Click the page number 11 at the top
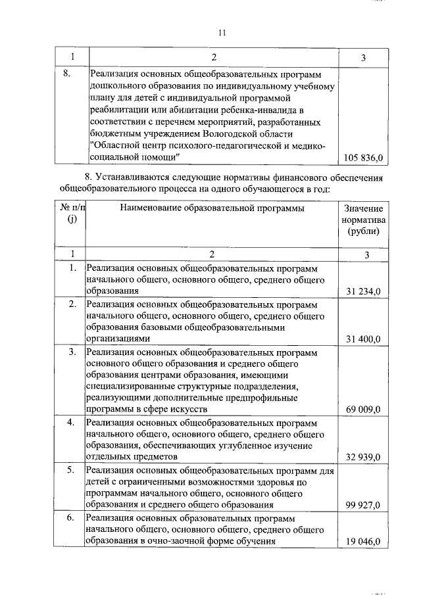221,33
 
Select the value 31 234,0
364,291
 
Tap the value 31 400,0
364,339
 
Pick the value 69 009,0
364,410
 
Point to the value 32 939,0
364,457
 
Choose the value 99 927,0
364,505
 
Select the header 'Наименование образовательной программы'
212,208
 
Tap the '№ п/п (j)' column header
72,214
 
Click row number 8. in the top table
66,74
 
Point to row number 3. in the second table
72,352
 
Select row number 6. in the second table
72,518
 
